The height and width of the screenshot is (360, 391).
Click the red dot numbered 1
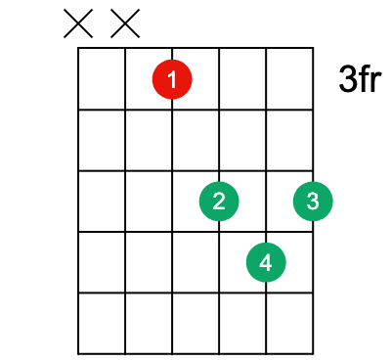click(172, 80)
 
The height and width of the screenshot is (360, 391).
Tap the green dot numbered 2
click(219, 201)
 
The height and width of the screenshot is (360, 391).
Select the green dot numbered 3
click(313, 201)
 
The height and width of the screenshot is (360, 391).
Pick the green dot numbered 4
click(266, 261)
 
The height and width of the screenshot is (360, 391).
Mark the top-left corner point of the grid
click(78, 47)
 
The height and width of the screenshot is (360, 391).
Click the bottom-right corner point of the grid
click(313, 353)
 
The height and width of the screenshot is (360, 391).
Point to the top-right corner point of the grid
click(313, 47)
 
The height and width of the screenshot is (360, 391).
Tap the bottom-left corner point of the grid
click(78, 353)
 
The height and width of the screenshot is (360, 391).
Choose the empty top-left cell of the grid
click(102, 78)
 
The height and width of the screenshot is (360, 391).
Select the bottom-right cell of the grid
click(289, 323)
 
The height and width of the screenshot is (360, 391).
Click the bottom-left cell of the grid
click(102, 323)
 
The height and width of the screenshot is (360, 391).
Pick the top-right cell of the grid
click(289, 78)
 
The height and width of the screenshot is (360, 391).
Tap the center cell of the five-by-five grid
click(195, 201)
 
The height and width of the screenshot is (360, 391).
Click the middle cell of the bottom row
click(195, 323)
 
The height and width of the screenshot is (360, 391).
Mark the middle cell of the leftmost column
click(102, 201)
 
